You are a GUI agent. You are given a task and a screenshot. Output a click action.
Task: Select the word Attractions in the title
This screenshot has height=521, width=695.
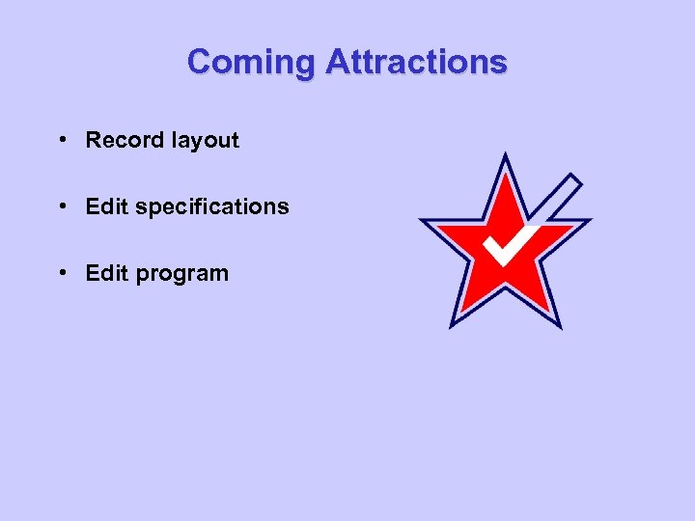click(416, 62)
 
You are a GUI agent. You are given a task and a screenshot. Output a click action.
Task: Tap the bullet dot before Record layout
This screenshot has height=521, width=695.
click(61, 140)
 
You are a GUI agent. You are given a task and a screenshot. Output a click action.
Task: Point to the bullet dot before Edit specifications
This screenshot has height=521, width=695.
click(61, 206)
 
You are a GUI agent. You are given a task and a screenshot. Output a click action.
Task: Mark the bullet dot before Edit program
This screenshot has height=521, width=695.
click(61, 273)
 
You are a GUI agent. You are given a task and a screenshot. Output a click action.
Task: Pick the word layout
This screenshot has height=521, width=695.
click(205, 141)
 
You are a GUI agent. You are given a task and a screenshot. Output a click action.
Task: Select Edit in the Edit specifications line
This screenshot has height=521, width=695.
click(106, 206)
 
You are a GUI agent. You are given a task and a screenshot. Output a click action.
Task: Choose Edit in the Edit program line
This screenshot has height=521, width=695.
click(106, 273)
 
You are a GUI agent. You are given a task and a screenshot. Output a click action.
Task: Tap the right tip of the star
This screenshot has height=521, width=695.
click(588, 222)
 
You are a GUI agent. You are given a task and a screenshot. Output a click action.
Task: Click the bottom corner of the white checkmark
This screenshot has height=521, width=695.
click(502, 261)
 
